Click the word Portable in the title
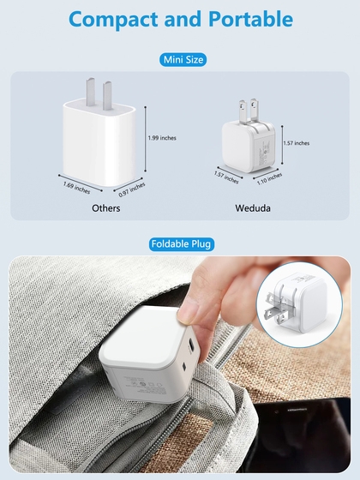tap(250, 19)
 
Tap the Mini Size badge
tap(183, 59)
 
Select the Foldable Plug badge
tap(182, 244)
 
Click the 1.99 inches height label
tap(162, 138)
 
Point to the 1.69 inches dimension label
tap(76, 188)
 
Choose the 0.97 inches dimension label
tap(132, 189)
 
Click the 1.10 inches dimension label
tap(269, 179)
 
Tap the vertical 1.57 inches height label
tap(297, 143)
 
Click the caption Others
tap(106, 208)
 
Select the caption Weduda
tap(253, 208)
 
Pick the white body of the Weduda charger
tap(249, 147)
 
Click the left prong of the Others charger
tap(90, 92)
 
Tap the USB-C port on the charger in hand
tap(192, 345)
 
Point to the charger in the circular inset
tap(296, 303)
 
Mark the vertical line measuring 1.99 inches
tap(145, 139)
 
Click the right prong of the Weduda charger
tap(254, 109)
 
